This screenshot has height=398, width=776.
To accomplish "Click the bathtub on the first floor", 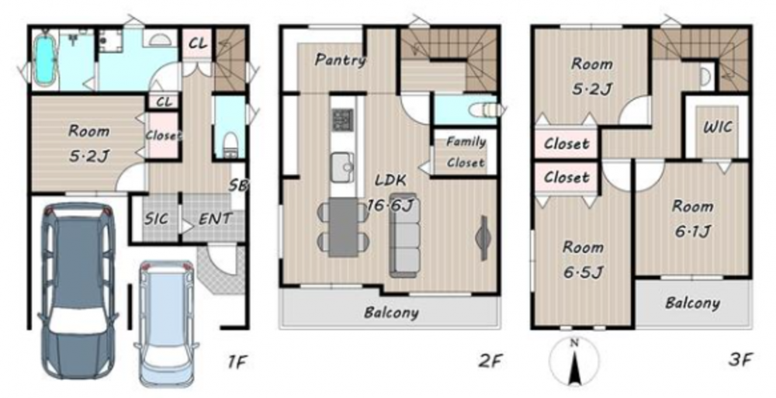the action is (x=44, y=59).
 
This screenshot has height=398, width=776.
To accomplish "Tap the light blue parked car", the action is (x=166, y=324).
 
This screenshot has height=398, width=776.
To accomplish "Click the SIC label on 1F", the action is (x=157, y=218).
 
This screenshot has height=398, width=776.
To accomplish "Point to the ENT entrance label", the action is (x=215, y=218).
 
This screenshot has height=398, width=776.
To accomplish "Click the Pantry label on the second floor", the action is (x=341, y=61).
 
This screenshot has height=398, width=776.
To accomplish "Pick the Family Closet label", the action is (x=466, y=152).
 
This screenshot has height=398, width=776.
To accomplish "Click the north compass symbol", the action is (x=574, y=362).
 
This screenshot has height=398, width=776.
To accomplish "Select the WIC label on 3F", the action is (x=718, y=127).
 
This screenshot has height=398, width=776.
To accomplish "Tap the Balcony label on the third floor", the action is (x=692, y=303).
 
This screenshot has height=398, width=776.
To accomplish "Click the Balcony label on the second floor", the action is (x=391, y=313).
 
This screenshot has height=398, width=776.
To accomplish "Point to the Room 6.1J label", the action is (x=692, y=218).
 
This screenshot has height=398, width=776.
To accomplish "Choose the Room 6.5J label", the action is (x=583, y=259).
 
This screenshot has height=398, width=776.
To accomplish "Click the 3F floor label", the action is (x=740, y=360).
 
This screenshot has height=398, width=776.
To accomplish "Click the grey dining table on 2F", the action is (x=343, y=227).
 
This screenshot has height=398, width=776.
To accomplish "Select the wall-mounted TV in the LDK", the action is (x=483, y=237).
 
